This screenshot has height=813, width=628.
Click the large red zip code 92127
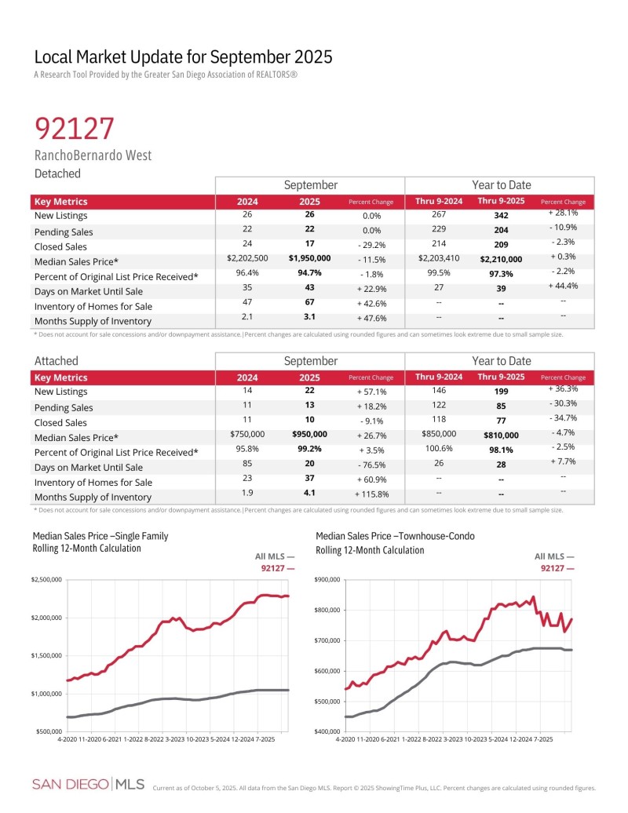(75, 128)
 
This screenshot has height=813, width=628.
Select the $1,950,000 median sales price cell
(309, 257)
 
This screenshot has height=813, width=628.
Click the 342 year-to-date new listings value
(499, 215)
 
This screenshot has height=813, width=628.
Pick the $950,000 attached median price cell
(309, 433)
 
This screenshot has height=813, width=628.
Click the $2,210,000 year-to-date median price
(499, 257)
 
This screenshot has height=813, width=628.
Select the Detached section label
(57, 173)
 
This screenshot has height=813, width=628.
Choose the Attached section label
(57, 361)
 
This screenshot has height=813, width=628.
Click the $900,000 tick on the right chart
(327, 579)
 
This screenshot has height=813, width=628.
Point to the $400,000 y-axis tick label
(327, 731)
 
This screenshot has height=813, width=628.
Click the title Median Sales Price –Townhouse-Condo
(395, 536)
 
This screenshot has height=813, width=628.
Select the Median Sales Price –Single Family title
(100, 536)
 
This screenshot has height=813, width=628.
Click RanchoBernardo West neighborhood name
(93, 155)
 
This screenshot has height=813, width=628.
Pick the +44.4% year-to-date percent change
(563, 286)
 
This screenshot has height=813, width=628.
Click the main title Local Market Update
(183, 57)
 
